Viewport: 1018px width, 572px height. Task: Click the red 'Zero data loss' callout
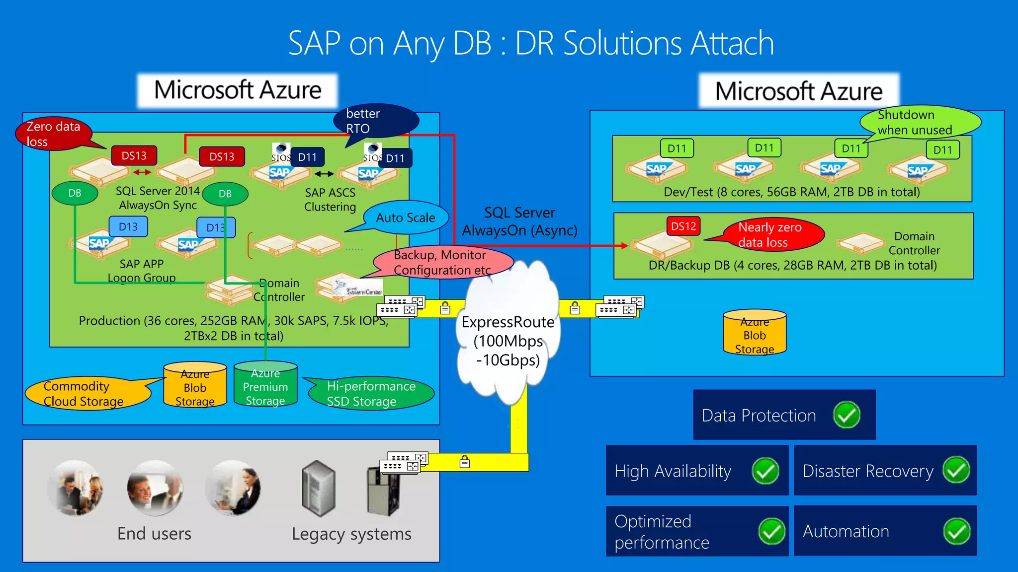pyautogui.click(x=54, y=134)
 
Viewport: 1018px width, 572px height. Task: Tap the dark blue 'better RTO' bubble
pyautogui.click(x=375, y=121)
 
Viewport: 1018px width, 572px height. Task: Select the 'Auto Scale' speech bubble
pyautogui.click(x=406, y=217)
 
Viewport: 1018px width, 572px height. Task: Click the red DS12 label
pyautogui.click(x=683, y=226)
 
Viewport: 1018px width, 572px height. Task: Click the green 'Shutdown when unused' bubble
pyautogui.click(x=920, y=122)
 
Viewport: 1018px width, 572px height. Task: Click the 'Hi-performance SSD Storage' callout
pyautogui.click(x=371, y=394)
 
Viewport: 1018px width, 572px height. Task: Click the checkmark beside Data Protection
pyautogui.click(x=847, y=415)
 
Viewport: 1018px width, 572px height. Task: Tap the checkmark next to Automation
pyautogui.click(x=956, y=531)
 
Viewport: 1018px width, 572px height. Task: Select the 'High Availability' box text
pyautogui.click(x=673, y=471)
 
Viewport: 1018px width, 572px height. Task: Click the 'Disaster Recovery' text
pyautogui.click(x=867, y=471)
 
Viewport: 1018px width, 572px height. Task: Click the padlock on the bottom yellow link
pyautogui.click(x=464, y=462)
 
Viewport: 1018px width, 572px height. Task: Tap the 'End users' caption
pyautogui.click(x=154, y=534)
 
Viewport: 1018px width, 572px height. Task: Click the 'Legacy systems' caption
pyautogui.click(x=351, y=534)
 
